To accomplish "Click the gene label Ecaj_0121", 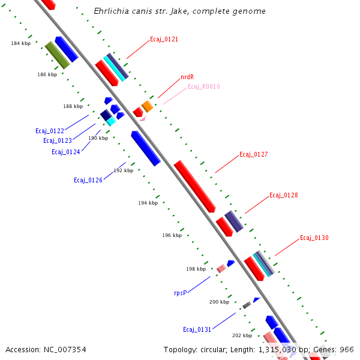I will [164, 40].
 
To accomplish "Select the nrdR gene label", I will [187, 77].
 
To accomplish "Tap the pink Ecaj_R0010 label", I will [203, 87].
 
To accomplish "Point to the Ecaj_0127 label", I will [253, 155].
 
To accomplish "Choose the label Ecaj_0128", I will [283, 196].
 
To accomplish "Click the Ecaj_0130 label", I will [314, 238].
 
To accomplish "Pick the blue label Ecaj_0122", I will [49, 131].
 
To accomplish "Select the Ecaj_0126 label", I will [88, 180].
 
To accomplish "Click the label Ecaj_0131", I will [197, 330].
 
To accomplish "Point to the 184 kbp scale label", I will [20, 44].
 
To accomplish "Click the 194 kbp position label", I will [148, 203].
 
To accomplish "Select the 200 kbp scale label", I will [219, 302].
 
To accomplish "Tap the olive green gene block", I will [58, 55].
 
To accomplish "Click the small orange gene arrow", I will [147, 106].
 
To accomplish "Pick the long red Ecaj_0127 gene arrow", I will [194, 186].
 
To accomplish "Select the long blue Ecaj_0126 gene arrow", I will [145, 148].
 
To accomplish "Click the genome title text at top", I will [180, 11].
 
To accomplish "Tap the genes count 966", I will [347, 349].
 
